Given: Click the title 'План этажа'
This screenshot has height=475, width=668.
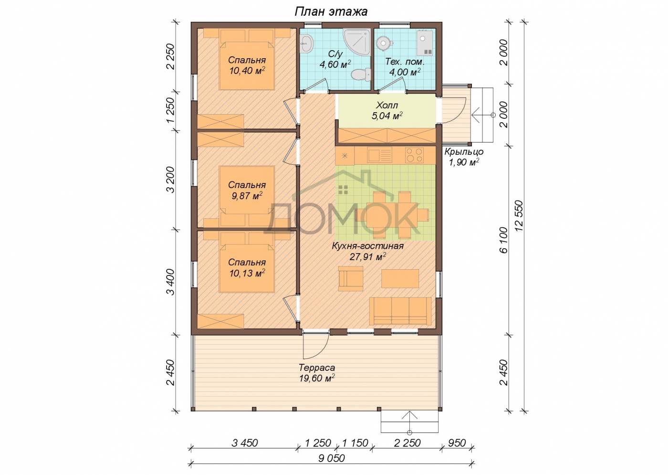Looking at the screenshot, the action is [x=331, y=11].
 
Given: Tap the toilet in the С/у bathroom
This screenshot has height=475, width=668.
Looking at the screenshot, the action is [x=361, y=74].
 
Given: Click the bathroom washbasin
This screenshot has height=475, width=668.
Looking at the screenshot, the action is [x=306, y=44].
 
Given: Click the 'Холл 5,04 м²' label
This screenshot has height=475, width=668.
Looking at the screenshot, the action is [x=387, y=111].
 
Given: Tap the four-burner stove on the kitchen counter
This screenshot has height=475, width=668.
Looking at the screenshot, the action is [x=414, y=156].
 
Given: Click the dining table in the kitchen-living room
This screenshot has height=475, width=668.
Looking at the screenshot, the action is [x=392, y=215].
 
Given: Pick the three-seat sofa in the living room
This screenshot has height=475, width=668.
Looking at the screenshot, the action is [x=400, y=311].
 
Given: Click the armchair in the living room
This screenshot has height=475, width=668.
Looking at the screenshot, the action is [x=351, y=278].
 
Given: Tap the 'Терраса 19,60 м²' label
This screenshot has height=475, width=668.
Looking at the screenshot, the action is [x=317, y=373].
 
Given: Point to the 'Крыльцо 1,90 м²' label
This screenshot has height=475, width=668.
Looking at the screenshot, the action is [x=464, y=157].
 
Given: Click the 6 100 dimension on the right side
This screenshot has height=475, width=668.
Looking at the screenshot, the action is [x=503, y=240].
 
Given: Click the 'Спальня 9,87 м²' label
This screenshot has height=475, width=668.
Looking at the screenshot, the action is [x=247, y=190].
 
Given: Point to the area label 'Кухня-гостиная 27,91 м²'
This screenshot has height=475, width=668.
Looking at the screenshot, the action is [x=368, y=251].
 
